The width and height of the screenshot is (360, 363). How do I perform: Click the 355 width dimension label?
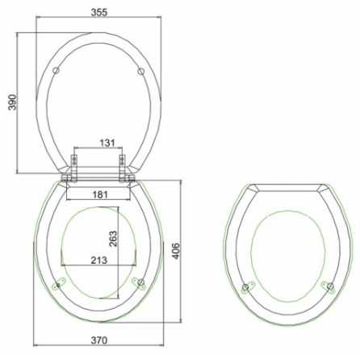click(x=99, y=12)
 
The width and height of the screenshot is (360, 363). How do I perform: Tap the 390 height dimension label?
click(x=12, y=102)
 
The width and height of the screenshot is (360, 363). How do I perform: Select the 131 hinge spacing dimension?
click(x=107, y=143)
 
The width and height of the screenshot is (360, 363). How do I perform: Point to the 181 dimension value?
click(x=100, y=194)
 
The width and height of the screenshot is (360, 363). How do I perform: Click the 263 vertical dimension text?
click(x=113, y=239)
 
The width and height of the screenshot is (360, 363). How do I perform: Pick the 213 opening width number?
click(x=98, y=261)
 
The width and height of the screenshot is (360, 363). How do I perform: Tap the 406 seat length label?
click(x=176, y=251)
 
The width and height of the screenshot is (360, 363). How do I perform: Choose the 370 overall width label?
click(x=98, y=340)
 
